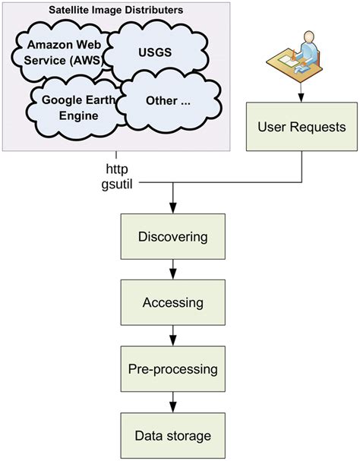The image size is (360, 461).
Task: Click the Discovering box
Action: [172, 237]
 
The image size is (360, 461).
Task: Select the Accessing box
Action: [172, 303]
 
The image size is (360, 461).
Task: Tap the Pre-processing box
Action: [172, 369]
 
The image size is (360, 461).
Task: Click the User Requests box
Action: [302, 126]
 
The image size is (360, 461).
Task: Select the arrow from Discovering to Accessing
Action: [173, 269]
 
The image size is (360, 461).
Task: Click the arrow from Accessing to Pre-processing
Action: [173, 335]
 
